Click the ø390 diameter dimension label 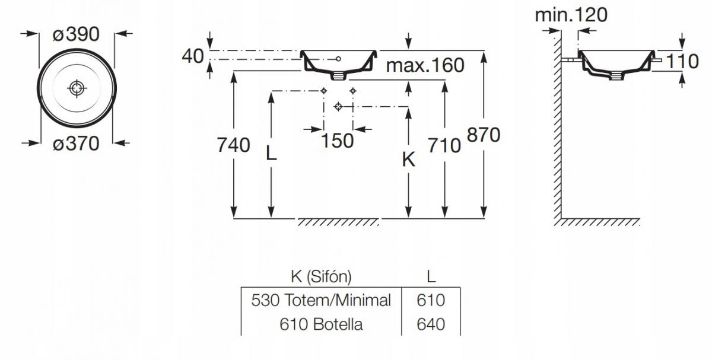pyautogui.click(x=76, y=34)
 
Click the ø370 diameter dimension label pyautogui.click(x=76, y=144)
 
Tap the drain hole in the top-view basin pyautogui.click(x=77, y=88)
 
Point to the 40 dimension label pyautogui.click(x=193, y=56)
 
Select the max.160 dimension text pyautogui.click(x=425, y=65)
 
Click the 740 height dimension pyautogui.click(x=233, y=145)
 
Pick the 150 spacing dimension pyautogui.click(x=337, y=141)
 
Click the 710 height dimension pyautogui.click(x=444, y=145)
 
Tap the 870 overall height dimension pyautogui.click(x=484, y=135)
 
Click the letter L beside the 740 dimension pyautogui.click(x=271, y=154)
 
